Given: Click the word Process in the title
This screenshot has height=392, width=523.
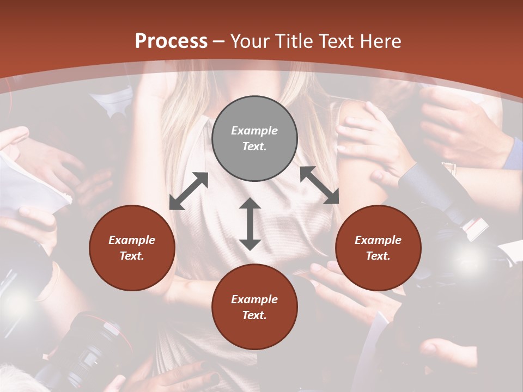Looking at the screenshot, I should tap(171, 41).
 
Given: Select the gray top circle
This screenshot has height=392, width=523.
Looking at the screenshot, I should tap(254, 138).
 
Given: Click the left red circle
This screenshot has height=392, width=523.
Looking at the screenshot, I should tap(132, 248).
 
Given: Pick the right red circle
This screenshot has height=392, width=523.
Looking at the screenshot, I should tap(378, 248).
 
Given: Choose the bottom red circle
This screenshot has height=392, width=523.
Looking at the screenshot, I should tap(254, 307).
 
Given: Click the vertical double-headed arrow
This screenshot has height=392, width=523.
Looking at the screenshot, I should tap(250, 224).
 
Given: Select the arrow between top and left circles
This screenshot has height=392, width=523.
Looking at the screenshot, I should tap(189, 191).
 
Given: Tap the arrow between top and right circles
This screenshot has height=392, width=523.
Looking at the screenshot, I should tap(319, 185).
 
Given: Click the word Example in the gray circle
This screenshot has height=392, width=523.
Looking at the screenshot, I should tap(254, 131).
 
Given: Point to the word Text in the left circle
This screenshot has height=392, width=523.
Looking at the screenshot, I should tap(132, 256).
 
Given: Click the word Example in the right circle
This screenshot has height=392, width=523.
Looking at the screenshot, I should tap(378, 240).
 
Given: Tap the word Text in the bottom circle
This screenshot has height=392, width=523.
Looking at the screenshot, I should tap(254, 315).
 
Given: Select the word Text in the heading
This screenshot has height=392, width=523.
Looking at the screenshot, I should tap(336, 41).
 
